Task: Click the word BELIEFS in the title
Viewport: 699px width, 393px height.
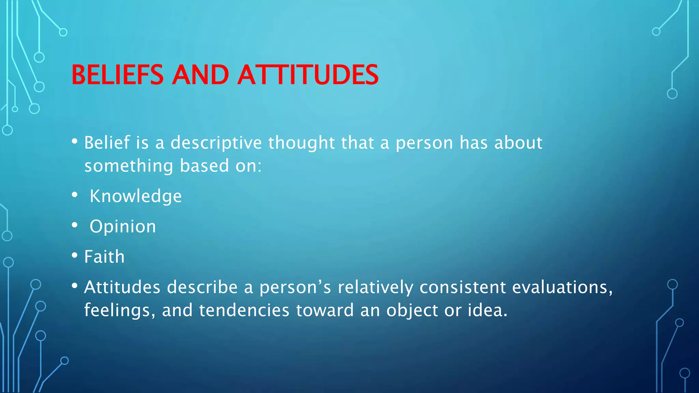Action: pos(117,75)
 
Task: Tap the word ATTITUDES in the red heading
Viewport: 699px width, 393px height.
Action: pos(308,75)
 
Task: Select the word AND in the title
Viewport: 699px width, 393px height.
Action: pos(200,75)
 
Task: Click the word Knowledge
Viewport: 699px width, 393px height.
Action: pos(135,196)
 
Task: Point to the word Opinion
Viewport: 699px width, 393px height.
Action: pos(123,227)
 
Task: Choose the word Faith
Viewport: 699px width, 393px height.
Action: pos(104,257)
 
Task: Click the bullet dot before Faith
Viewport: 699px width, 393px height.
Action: pos(75,256)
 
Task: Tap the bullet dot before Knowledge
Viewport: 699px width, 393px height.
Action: pos(75,195)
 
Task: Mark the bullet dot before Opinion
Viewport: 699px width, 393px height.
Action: pos(75,225)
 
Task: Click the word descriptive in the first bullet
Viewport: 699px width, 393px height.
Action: pos(216,143)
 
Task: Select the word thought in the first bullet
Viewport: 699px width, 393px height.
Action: pos(301,143)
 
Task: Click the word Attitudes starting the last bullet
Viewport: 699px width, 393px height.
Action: pos(122,287)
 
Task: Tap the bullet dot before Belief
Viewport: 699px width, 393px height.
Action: pos(75,141)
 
